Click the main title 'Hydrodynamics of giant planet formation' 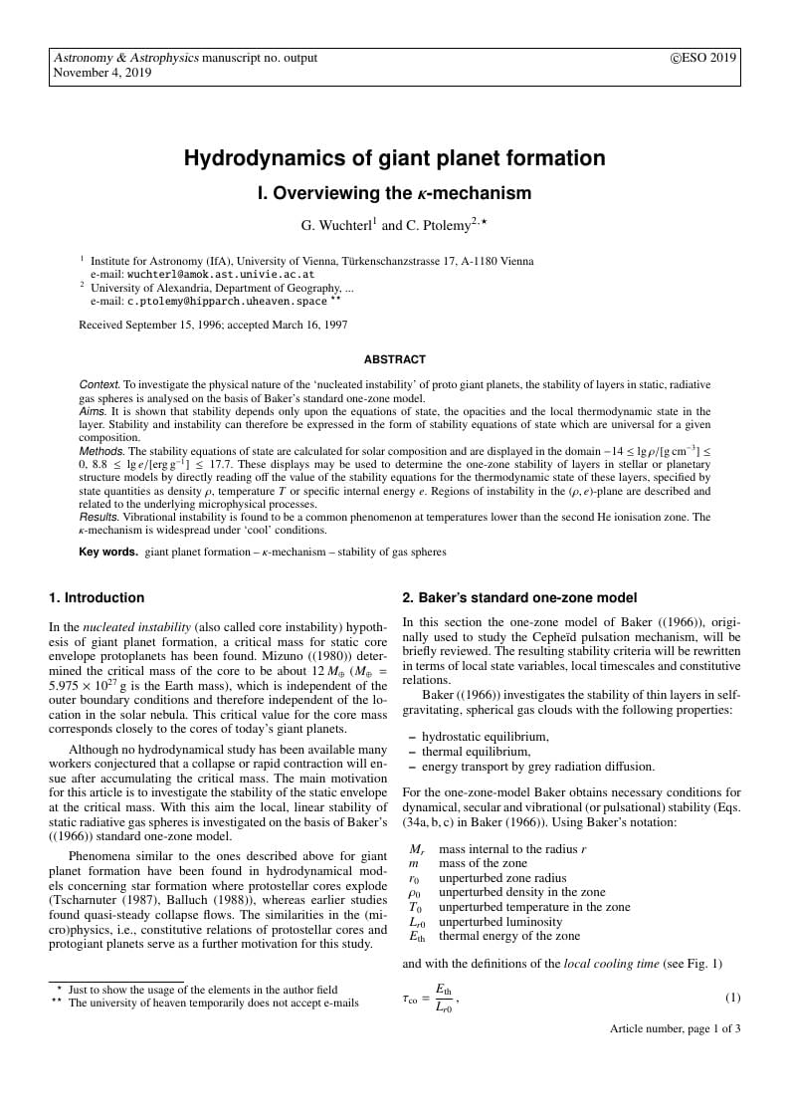click(x=394, y=158)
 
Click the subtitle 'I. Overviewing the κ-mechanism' click(x=394, y=193)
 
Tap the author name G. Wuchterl click(x=337, y=226)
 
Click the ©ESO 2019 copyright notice click(x=704, y=58)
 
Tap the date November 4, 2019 click(x=102, y=73)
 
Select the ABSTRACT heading click(x=394, y=359)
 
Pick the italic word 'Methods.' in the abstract click(x=102, y=451)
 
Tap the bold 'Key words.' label click(x=108, y=552)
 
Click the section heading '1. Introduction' click(x=97, y=598)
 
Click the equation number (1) click(x=732, y=998)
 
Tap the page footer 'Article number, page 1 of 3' click(x=675, y=1028)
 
